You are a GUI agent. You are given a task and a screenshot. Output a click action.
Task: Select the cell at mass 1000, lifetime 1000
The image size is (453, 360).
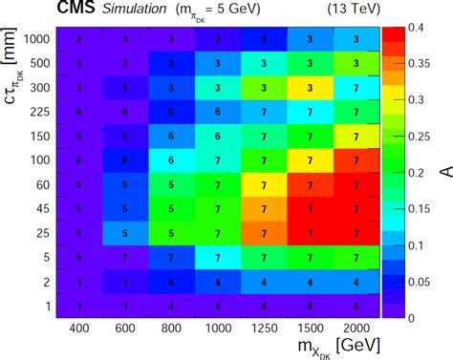(x=217, y=39)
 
